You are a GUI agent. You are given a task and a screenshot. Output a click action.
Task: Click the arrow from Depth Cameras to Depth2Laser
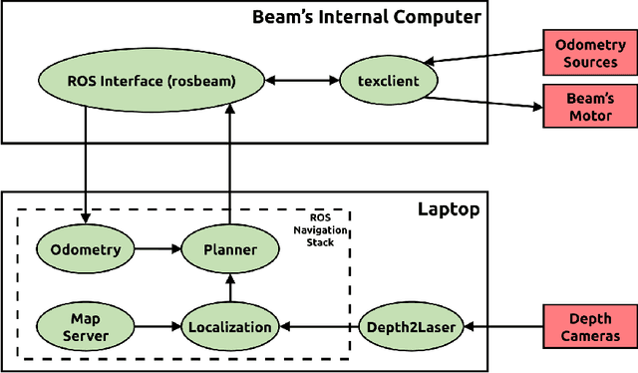(504, 326)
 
